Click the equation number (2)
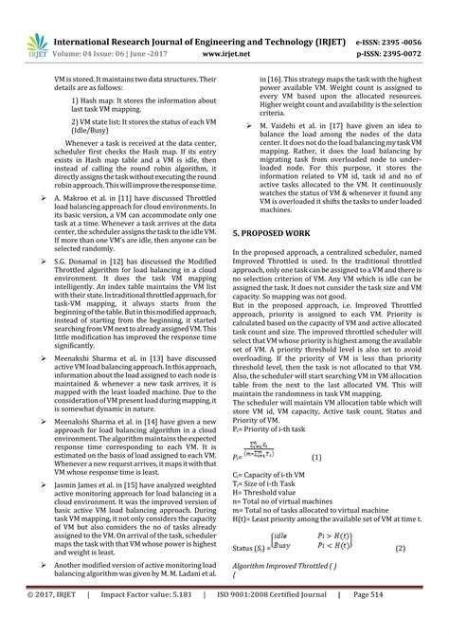click(400, 548)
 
